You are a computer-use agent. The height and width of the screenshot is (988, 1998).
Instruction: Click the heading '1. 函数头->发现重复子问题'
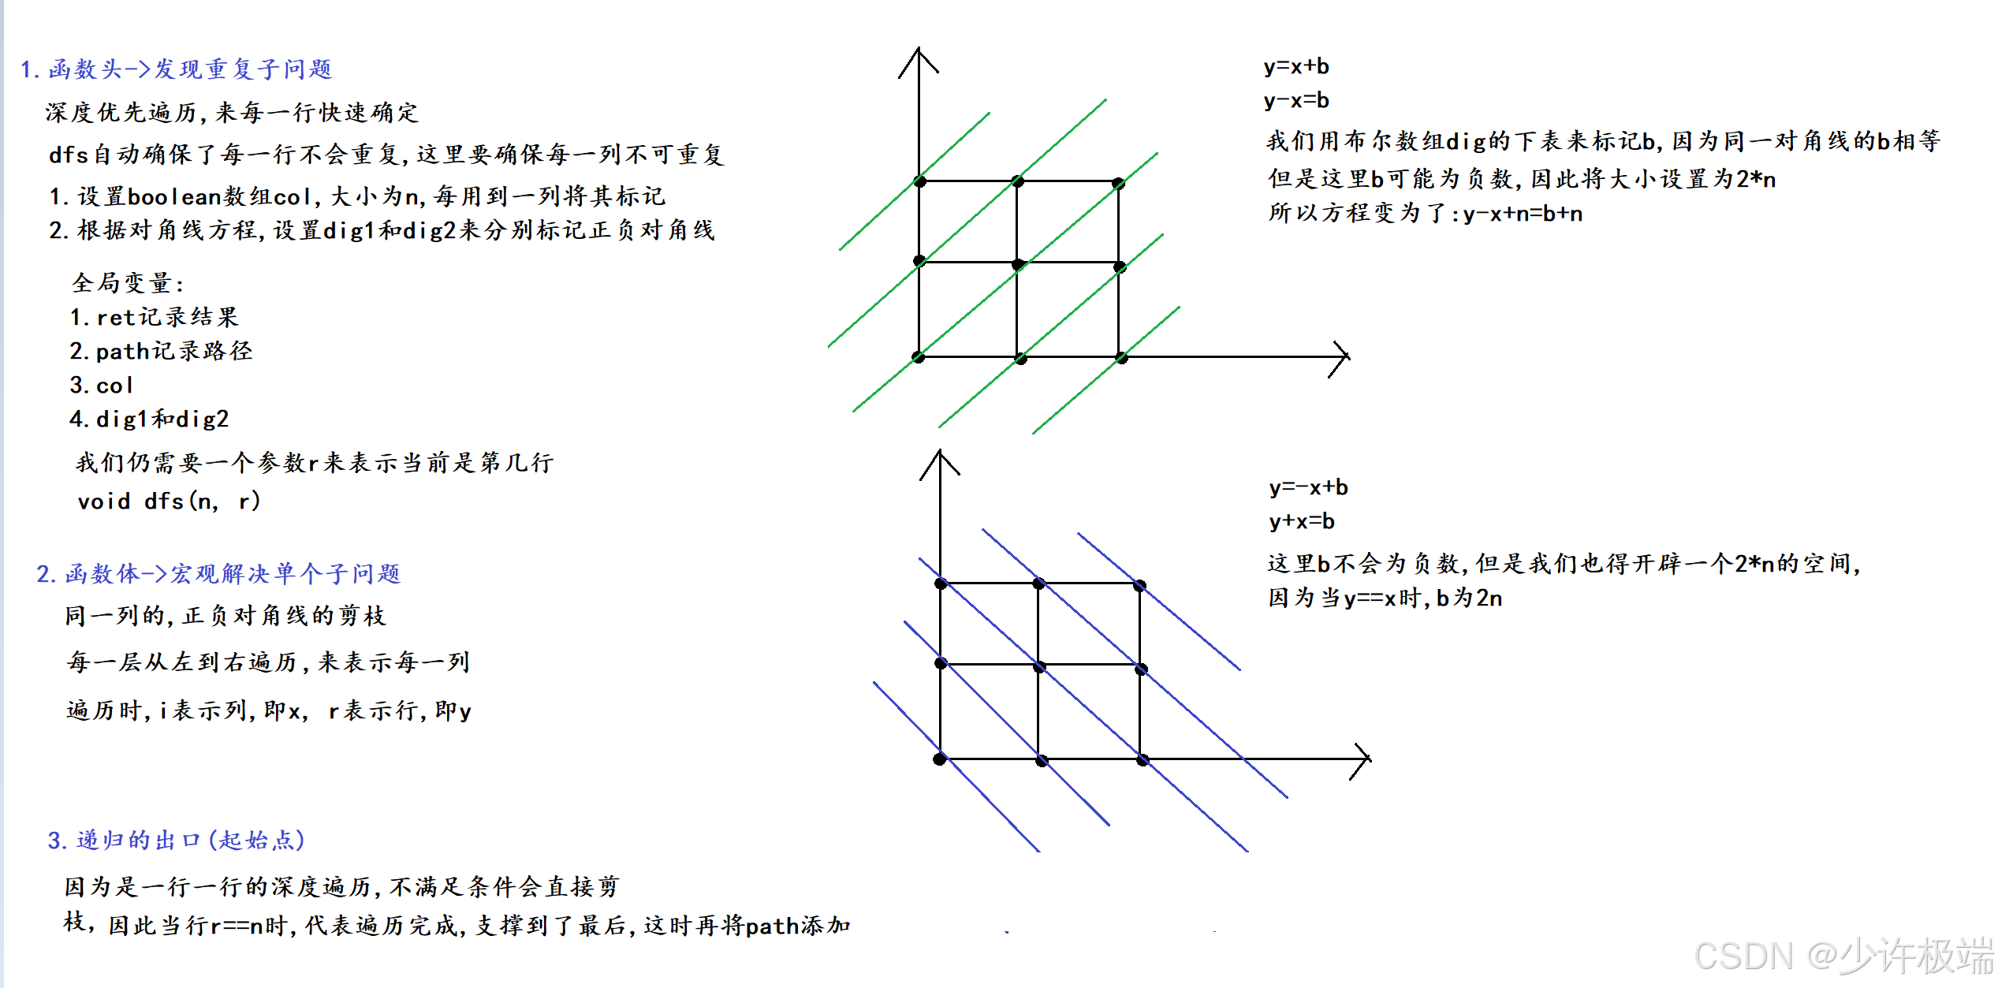176,69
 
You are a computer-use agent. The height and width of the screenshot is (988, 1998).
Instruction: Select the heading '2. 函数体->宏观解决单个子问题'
218,573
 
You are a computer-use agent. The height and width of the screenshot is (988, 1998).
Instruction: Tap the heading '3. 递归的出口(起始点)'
176,840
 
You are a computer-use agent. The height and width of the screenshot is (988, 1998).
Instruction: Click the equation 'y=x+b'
1296,66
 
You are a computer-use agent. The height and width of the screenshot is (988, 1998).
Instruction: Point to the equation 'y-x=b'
1296,100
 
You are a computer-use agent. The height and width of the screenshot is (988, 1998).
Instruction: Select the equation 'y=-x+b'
1308,487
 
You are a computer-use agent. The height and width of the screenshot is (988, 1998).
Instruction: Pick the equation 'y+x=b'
1302,521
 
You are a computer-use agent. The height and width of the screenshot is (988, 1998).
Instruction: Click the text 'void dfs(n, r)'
169,501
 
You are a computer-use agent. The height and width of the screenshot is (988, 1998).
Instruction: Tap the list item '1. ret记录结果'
154,317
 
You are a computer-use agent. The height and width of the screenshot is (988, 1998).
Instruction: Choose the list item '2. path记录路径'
161,351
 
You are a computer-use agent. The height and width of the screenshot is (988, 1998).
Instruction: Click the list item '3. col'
101,385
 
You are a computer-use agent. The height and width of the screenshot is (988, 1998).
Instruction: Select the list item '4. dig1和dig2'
149,419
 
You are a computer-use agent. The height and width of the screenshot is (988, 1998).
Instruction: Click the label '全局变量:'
128,282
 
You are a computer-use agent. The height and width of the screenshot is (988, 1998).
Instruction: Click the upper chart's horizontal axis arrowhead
1344,357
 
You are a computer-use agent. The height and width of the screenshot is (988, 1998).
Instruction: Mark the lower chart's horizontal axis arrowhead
1366,759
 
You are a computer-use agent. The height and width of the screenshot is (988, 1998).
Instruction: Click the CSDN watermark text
1843,956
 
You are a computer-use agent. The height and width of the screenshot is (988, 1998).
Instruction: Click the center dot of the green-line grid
1018,264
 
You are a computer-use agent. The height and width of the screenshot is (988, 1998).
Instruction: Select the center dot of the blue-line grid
1039,667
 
